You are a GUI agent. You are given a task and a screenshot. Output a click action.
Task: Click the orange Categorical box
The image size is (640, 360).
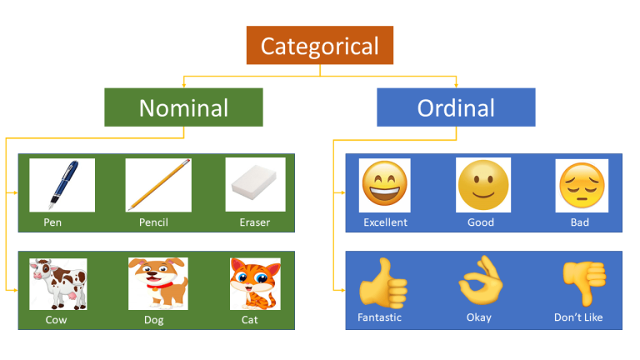click(319, 45)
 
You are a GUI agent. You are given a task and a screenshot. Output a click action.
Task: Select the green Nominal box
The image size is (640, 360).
click(183, 107)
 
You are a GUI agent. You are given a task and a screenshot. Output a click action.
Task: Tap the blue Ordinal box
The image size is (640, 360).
click(456, 107)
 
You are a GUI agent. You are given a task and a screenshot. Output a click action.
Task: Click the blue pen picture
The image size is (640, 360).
click(62, 185)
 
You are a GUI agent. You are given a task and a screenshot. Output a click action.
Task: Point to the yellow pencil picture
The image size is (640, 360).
click(158, 185)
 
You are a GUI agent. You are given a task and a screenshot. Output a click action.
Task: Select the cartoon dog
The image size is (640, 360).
click(157, 282)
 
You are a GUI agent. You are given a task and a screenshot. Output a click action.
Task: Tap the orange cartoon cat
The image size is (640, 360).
click(254, 283)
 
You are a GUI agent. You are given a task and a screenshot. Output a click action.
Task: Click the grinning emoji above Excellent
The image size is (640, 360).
click(384, 185)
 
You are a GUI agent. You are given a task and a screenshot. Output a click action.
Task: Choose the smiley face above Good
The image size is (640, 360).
click(482, 185)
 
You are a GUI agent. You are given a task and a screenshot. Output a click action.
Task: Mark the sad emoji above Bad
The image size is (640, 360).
click(581, 185)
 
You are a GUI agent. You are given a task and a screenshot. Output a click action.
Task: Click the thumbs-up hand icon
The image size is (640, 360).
click(382, 283)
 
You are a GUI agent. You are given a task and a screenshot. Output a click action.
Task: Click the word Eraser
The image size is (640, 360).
click(254, 222)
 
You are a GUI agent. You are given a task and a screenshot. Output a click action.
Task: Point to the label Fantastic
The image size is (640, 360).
click(379, 317)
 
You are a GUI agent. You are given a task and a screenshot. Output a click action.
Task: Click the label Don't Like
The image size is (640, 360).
click(578, 317)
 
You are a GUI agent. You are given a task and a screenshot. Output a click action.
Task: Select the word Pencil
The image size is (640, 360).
click(154, 222)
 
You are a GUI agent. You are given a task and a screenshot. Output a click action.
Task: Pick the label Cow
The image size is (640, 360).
click(57, 319)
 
